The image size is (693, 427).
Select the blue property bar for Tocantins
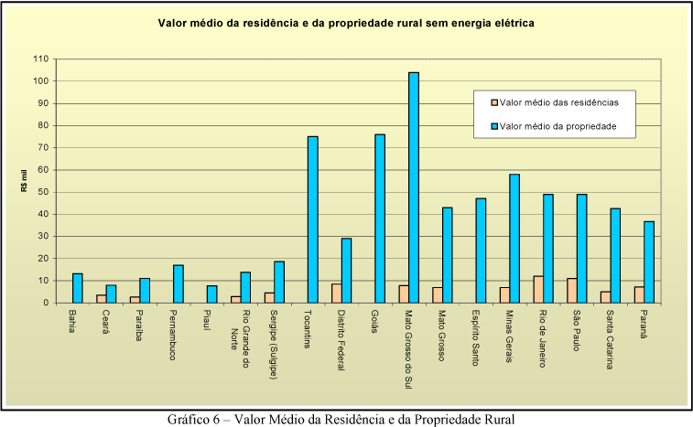(x=312, y=219)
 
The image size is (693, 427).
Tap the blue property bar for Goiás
(x=380, y=219)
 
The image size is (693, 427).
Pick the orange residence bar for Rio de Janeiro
(x=538, y=289)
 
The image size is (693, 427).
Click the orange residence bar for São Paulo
(x=572, y=290)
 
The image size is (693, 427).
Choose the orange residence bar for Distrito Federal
(x=336, y=293)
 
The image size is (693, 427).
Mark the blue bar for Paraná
(x=649, y=262)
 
